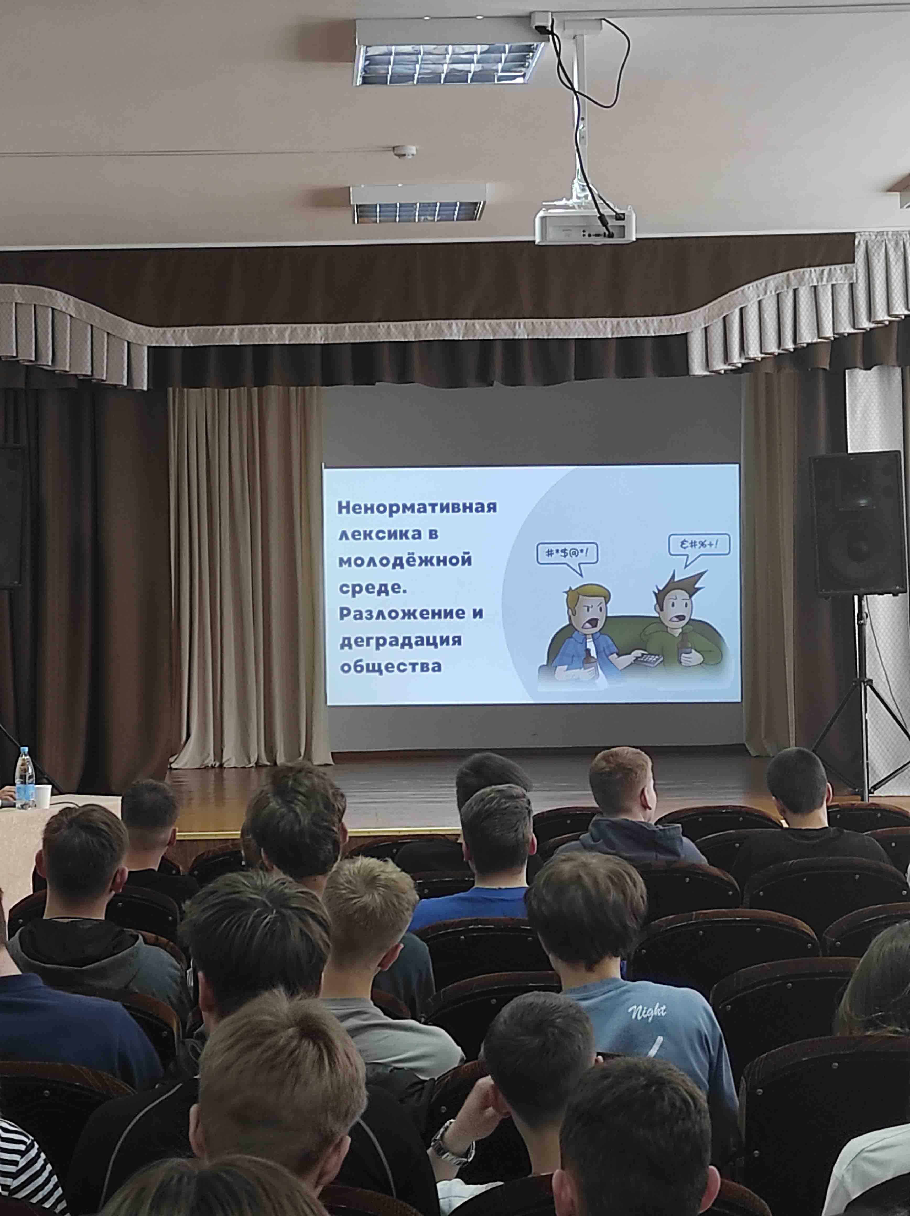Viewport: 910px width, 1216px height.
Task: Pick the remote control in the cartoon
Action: click(x=649, y=660)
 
